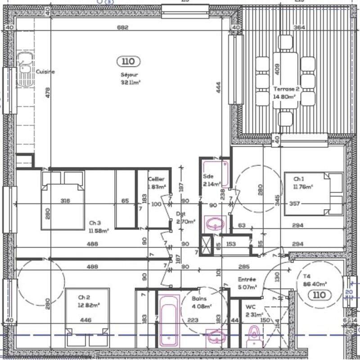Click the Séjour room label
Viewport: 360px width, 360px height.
pyautogui.click(x=129, y=75)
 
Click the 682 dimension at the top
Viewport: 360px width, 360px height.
pyautogui.click(x=123, y=27)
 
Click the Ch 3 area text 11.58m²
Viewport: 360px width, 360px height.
pyautogui.click(x=99, y=231)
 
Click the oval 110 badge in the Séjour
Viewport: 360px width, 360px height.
pyautogui.click(x=128, y=61)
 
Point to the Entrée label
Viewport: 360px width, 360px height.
pyautogui.click(x=247, y=279)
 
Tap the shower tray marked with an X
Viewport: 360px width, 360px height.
pyautogui.click(x=206, y=246)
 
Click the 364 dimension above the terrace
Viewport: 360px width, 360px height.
pyautogui.click(x=299, y=27)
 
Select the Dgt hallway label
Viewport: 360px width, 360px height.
pyautogui.click(x=180, y=214)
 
